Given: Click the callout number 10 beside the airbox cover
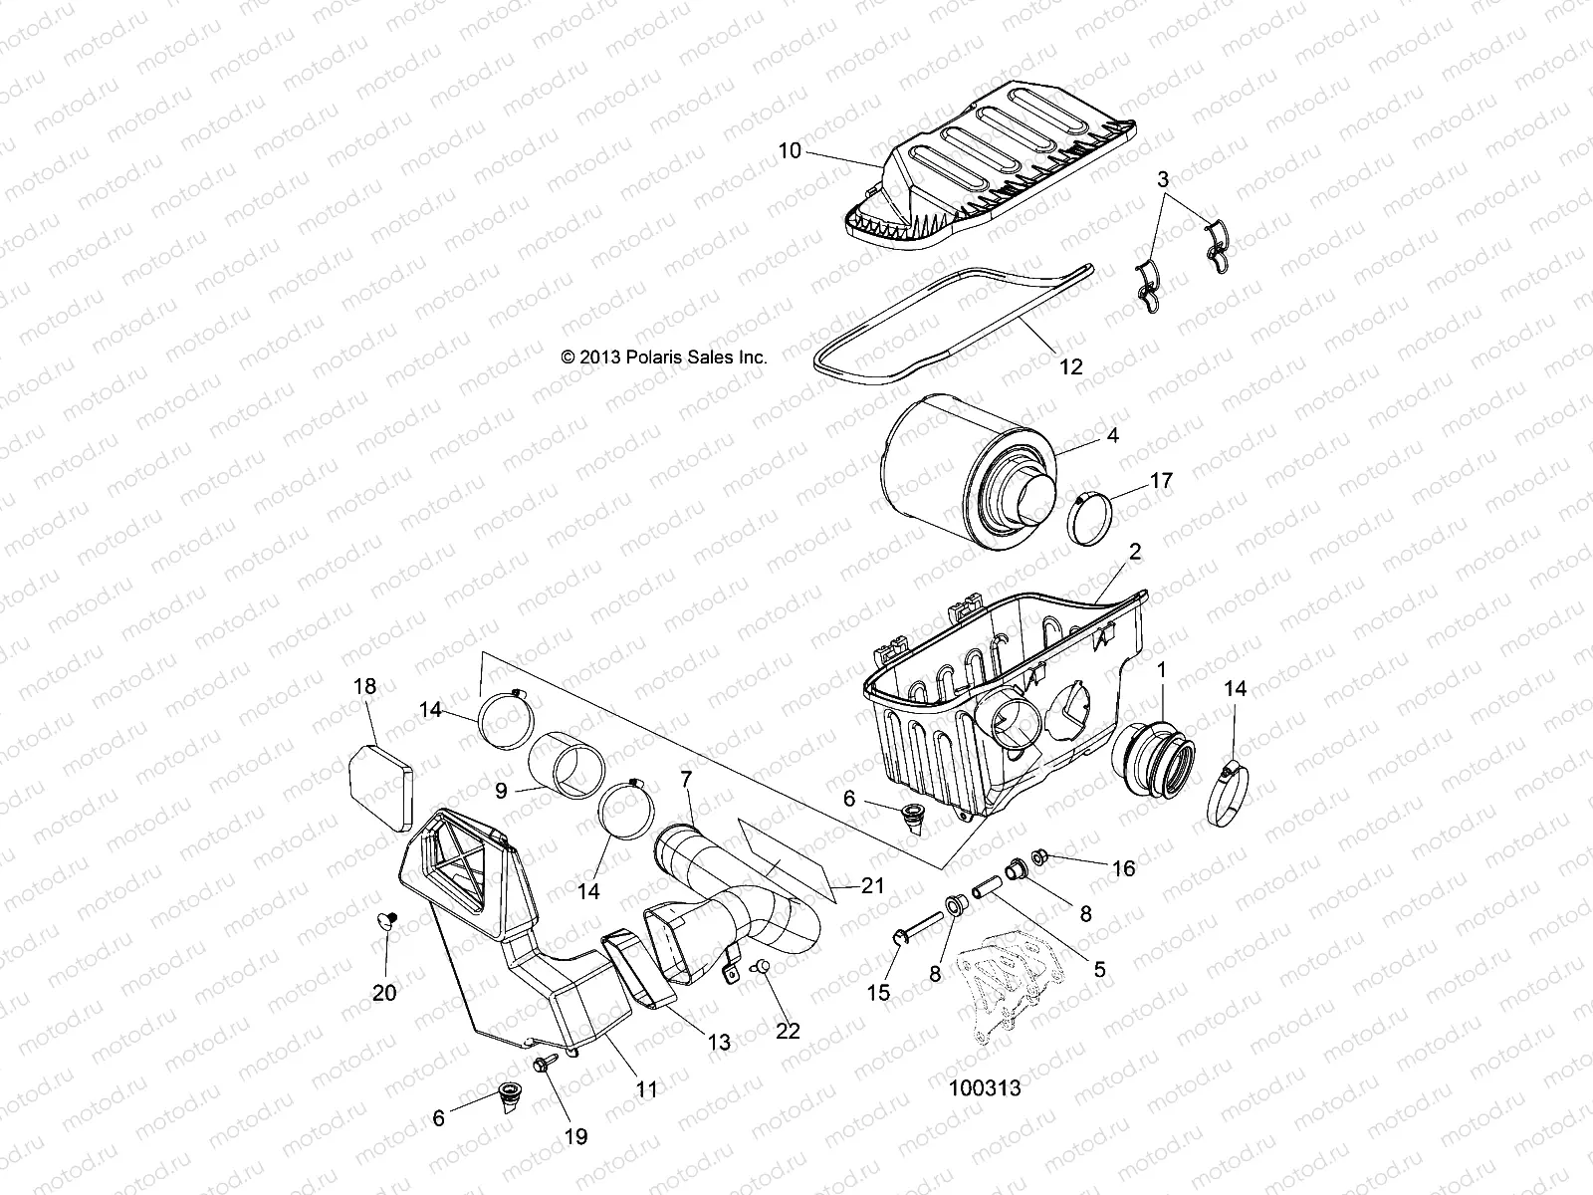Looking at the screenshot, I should [789, 151].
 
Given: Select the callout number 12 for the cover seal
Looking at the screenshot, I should [1070, 366].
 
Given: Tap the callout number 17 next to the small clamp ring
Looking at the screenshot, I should [1161, 482].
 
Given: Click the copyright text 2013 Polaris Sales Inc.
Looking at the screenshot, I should [664, 357].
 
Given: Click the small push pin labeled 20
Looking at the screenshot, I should [389, 918].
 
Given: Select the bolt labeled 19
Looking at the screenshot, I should [547, 1067].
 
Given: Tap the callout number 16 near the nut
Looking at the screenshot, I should [1123, 868].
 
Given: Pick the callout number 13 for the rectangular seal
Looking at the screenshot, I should [718, 1042].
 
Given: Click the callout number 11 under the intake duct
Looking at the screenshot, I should [647, 1089].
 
